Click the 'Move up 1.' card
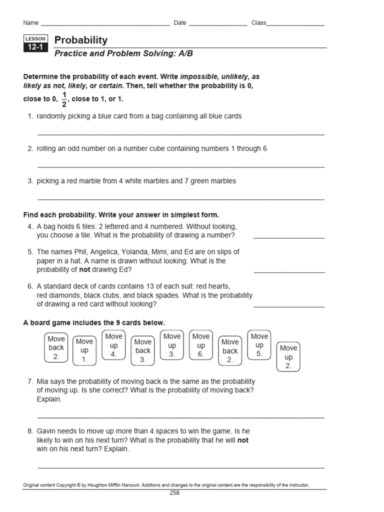84,350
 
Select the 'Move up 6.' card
201,345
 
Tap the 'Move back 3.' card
143,350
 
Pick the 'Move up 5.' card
259,345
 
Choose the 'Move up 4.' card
113,345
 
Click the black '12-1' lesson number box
35,48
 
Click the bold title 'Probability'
80,40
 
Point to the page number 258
174,492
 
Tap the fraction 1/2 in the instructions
63,99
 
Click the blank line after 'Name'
105,24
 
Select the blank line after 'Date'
217,24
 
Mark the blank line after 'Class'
295,24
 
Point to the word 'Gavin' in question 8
47,430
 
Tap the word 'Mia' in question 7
43,381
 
